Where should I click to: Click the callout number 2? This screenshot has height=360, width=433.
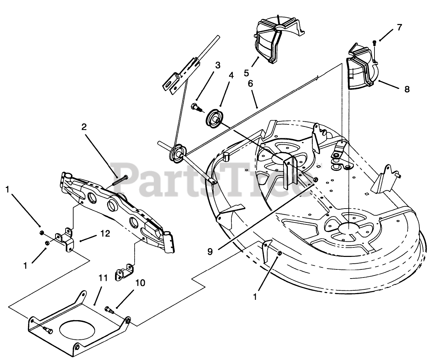84,127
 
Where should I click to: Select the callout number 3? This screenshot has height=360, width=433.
218,65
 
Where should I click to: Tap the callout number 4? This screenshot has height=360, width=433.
231,75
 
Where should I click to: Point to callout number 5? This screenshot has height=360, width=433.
246,73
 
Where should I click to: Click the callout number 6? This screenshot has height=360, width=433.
250,83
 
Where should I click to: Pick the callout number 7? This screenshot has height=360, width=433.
399,27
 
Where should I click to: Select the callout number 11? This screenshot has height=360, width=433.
103,278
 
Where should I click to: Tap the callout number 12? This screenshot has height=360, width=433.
105,234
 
